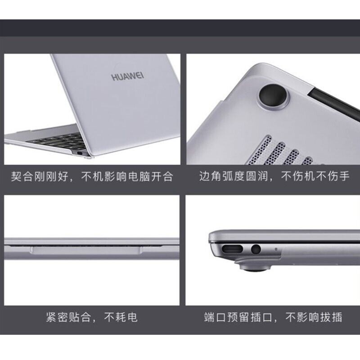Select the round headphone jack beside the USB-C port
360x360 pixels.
pyautogui.click(x=256, y=250)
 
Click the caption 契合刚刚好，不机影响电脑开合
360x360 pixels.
pyautogui.click(x=92, y=176)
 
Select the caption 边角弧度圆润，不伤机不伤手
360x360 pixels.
pyautogui.click(x=274, y=176)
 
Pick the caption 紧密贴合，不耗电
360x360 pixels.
pyautogui.click(x=92, y=318)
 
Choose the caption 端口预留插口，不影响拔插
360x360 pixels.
pyautogui.click(x=273, y=318)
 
